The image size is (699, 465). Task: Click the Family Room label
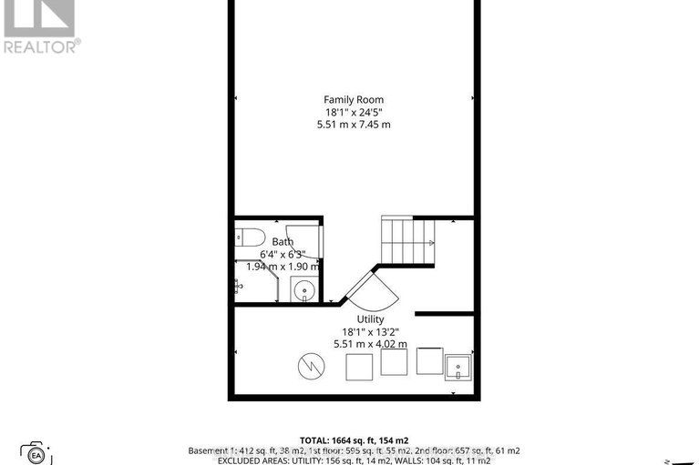354,99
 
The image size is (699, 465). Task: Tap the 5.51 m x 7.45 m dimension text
354,124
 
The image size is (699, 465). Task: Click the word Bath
283,241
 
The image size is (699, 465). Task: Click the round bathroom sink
305,291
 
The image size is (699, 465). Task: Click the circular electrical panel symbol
310,367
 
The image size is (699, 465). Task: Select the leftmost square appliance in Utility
359,367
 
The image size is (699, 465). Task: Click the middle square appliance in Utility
394,362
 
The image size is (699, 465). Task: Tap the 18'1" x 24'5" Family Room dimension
354,112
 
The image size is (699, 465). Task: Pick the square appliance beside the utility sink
428,360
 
